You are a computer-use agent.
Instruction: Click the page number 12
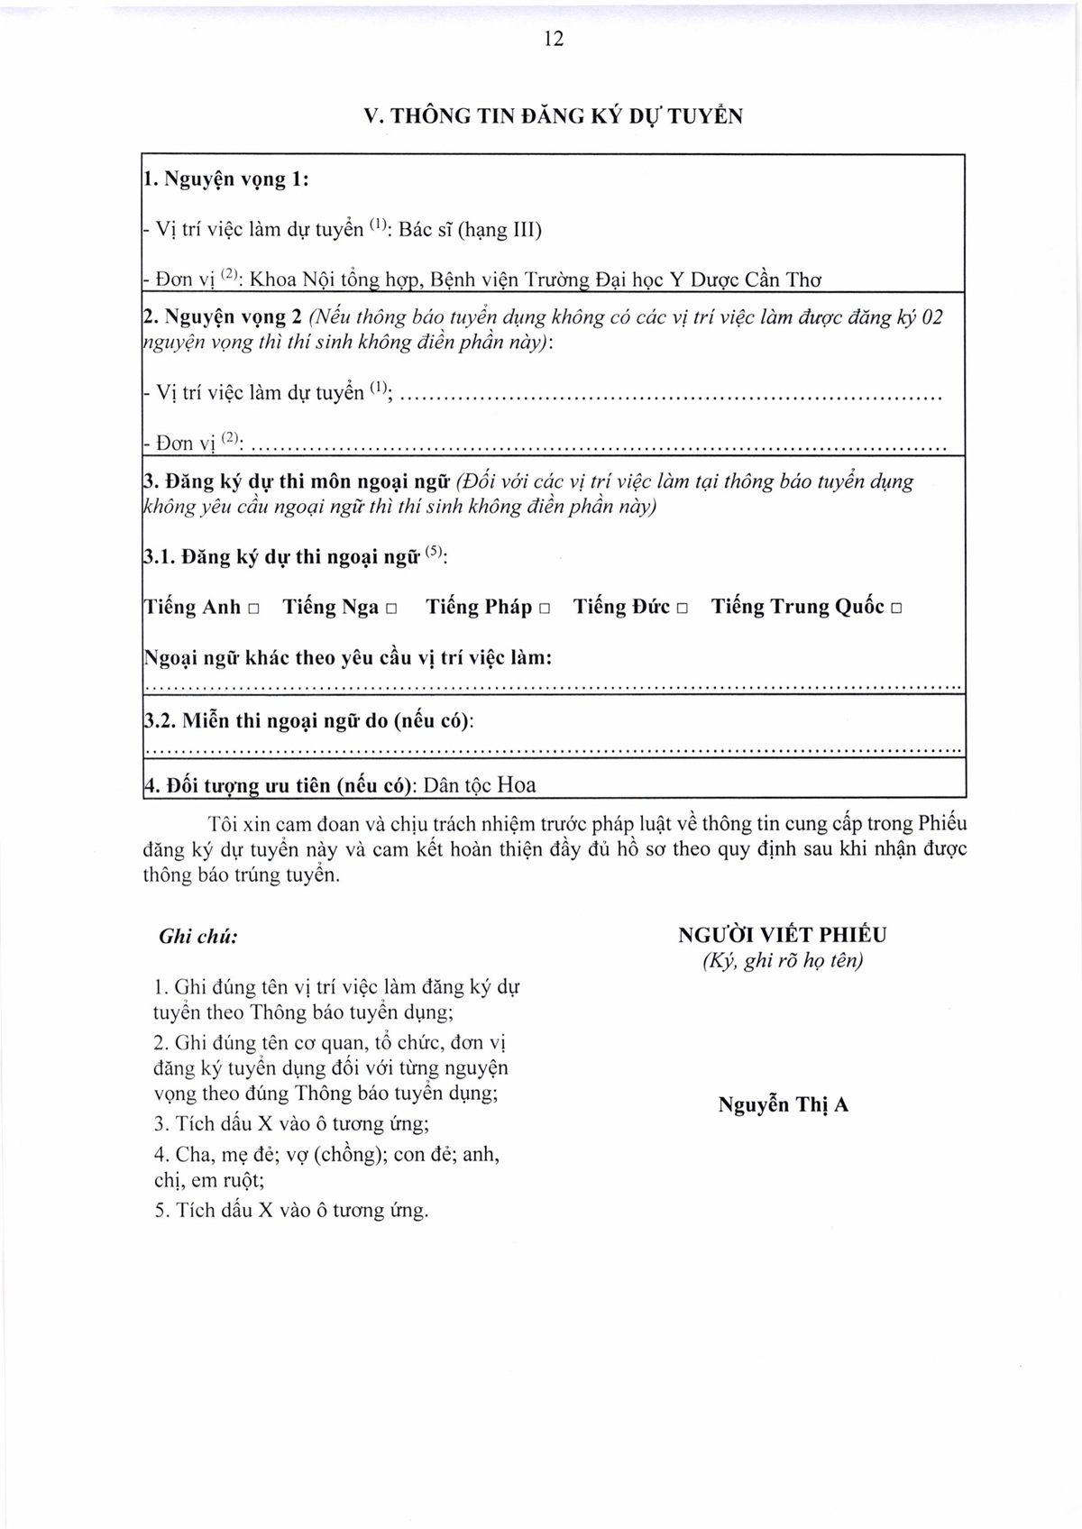[554, 39]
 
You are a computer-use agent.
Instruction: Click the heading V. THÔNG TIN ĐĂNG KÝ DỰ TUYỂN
[553, 116]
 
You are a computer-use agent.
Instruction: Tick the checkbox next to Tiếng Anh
[253, 609]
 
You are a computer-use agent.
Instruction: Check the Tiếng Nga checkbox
[390, 609]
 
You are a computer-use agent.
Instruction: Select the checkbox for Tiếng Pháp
[544, 609]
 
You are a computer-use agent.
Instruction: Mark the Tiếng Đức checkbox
[682, 609]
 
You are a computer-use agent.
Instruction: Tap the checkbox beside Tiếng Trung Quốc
[895, 609]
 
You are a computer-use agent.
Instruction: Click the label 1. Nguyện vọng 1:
[226, 179]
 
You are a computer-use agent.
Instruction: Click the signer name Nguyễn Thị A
[783, 1104]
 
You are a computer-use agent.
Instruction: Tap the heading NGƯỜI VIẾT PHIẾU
[782, 935]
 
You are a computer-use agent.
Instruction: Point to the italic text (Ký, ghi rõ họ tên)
[782, 960]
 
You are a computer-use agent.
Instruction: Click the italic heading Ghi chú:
[198, 937]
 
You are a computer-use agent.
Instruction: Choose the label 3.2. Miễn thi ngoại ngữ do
[308, 721]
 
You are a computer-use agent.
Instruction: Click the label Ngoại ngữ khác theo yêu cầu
[347, 657]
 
